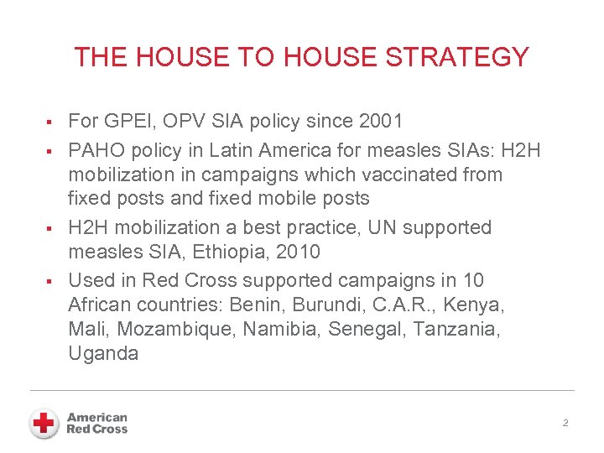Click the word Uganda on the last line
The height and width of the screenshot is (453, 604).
point(103,354)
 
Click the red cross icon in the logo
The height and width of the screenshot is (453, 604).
point(44,423)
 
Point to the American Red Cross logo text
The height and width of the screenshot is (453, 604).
point(97,423)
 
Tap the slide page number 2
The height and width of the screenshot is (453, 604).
point(565,424)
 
